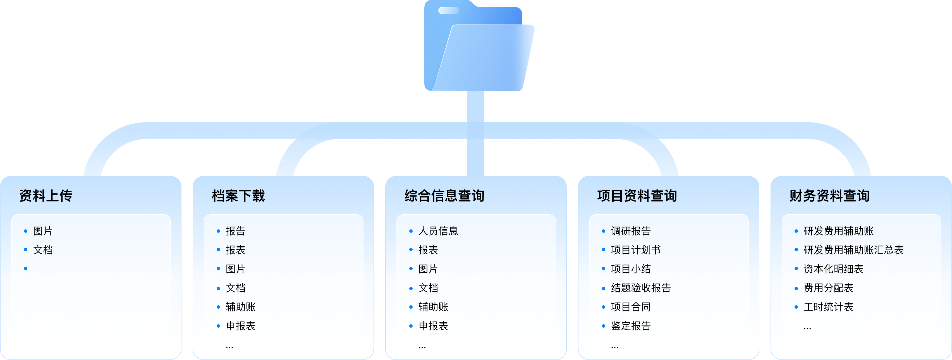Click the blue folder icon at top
coord(479,46)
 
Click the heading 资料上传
coord(46,196)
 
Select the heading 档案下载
coord(238,196)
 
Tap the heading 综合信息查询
coord(444,196)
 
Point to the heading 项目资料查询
coord(637,196)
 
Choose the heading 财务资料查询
coord(829,196)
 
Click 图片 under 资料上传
coord(43,231)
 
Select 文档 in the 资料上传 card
coord(43,250)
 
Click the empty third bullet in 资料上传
coord(26,269)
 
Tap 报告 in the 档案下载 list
coord(235,231)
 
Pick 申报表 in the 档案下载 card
coord(241,326)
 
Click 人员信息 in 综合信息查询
coord(438,231)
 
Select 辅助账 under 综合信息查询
coord(433,307)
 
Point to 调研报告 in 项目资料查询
coord(631,231)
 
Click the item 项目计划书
coord(636,250)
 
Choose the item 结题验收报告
coord(641,288)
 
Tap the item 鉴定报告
coord(631,326)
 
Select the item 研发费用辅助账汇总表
coord(853,250)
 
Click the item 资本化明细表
coord(833,269)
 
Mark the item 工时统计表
coord(828,307)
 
